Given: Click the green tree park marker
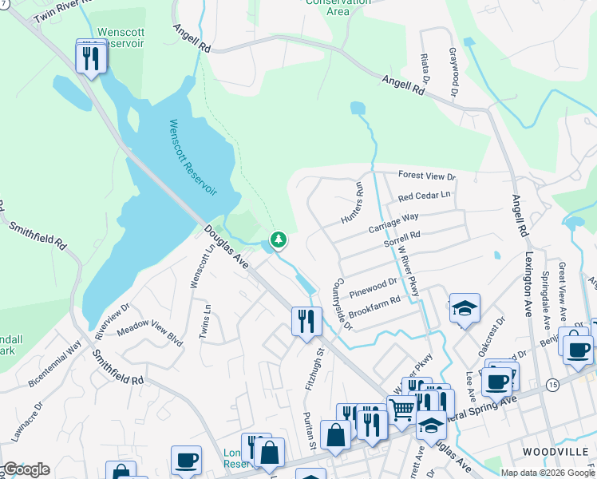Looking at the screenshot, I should point(279,239).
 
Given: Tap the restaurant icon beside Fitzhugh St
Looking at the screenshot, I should point(306,321).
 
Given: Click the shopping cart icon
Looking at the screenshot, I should point(402,410).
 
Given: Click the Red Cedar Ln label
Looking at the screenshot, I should point(424,196).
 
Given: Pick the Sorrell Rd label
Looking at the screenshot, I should point(401,239).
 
